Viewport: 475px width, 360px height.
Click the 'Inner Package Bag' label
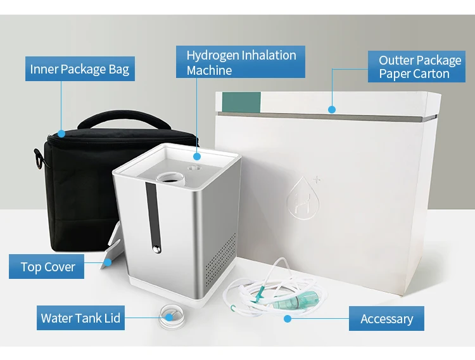pos(79,69)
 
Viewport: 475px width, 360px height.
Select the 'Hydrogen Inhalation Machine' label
pos(241,62)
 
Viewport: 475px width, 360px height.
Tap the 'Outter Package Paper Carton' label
pos(420,67)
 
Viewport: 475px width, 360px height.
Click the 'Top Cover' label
pos(47,267)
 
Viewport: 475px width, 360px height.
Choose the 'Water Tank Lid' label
pos(80,318)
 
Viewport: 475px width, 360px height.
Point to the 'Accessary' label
pos(386,319)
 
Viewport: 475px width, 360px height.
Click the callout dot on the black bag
pos(61,134)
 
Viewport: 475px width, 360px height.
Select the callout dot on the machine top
pos(197,156)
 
